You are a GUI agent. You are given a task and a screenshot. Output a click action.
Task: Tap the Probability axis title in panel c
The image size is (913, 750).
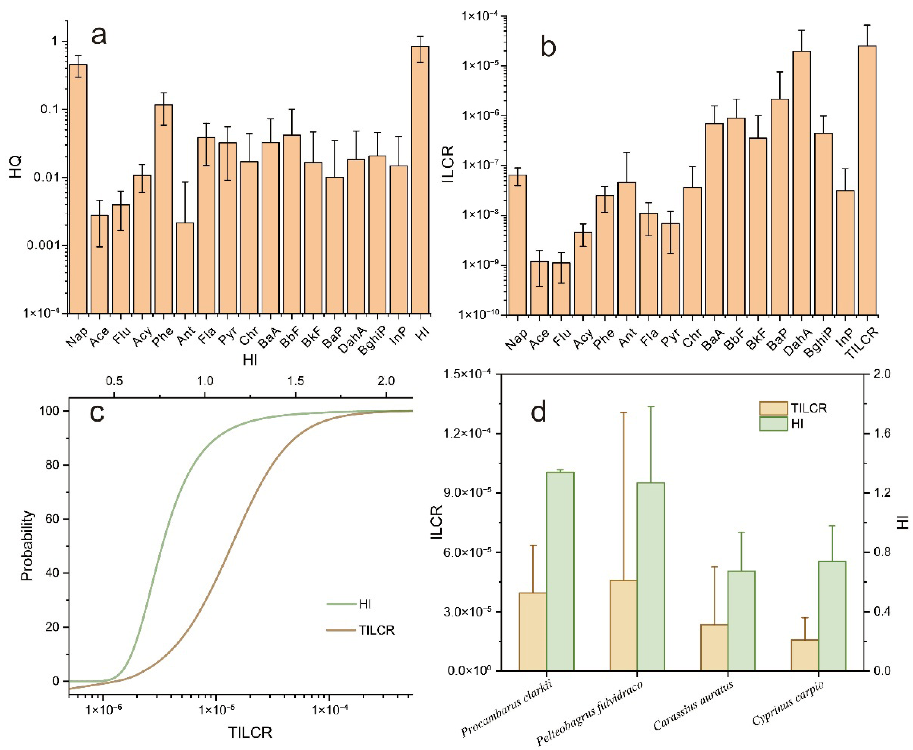tap(27, 546)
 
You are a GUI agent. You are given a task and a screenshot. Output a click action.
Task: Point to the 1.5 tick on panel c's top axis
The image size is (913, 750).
tap(296, 381)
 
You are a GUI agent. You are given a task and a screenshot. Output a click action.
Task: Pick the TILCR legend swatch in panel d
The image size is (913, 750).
tap(773, 408)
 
